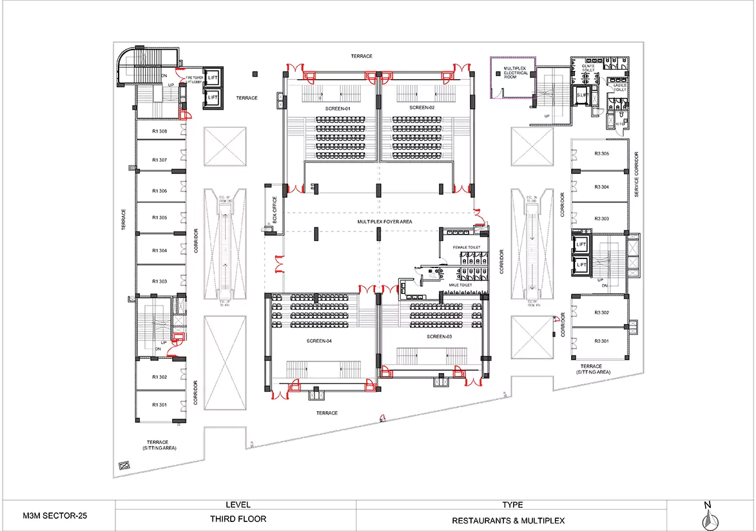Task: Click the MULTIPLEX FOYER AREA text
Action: pos(385,222)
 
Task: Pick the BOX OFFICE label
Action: pos(275,208)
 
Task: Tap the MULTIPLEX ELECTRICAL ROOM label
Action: pos(516,72)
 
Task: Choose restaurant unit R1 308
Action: pos(159,131)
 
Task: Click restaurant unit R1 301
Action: pos(159,405)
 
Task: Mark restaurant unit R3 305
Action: pos(601,153)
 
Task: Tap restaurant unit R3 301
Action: pos(601,342)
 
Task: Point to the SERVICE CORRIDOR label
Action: pos(636,175)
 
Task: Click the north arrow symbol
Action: pos(707,517)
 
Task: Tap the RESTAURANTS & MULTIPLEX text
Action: pos(508,520)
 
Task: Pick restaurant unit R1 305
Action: pos(159,218)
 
